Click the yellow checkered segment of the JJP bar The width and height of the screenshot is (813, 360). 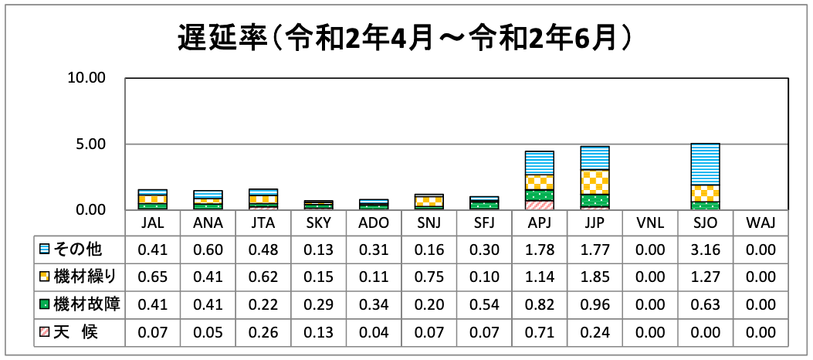click(595, 182)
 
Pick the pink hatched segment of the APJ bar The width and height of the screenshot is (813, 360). click(540, 205)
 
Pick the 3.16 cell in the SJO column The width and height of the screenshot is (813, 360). click(706, 250)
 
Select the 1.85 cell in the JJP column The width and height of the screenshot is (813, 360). click(595, 277)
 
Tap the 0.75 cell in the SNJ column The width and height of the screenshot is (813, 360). click(429, 277)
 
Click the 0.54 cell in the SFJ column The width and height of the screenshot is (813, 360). click(485, 304)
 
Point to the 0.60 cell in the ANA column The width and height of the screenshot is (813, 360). click(208, 250)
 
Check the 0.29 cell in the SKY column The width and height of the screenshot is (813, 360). click(318, 304)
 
